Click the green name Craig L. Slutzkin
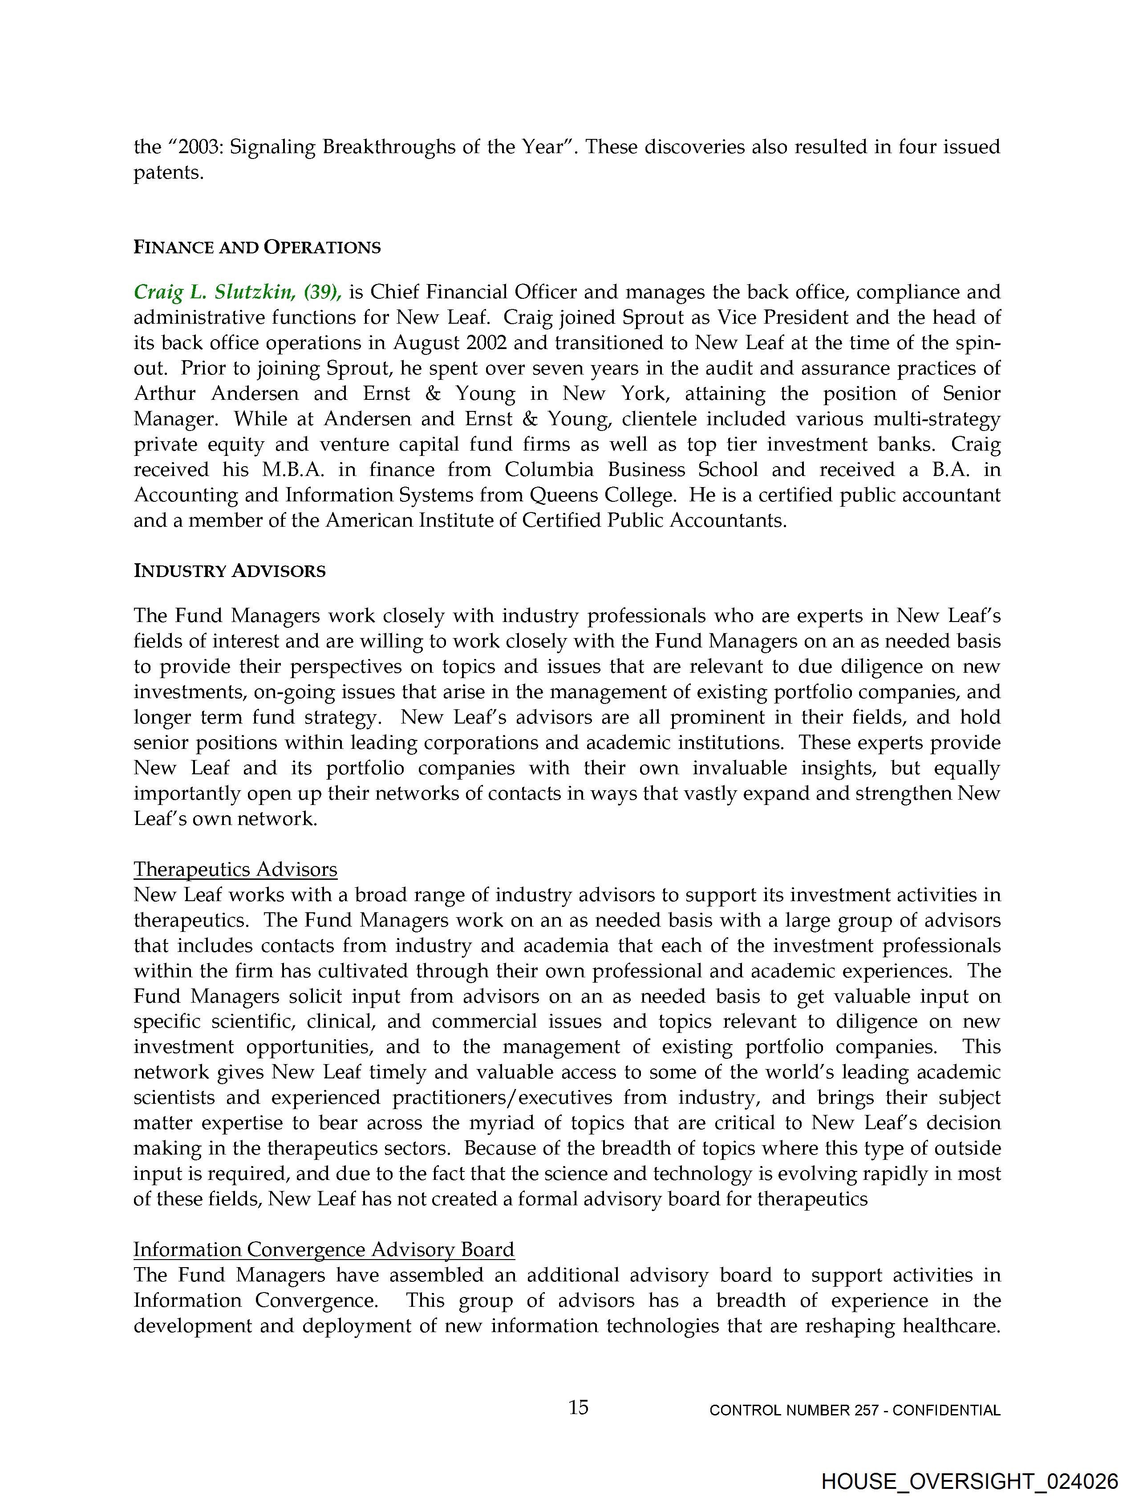(214, 292)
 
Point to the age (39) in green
(322, 292)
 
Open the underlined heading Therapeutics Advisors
(235, 870)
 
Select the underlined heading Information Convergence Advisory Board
(324, 1250)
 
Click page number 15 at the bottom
(578, 1408)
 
